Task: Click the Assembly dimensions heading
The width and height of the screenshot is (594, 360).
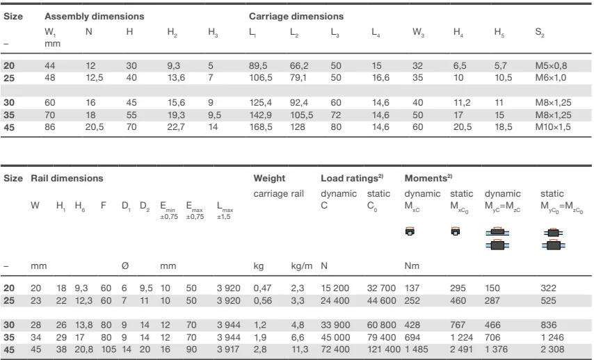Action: pyautogui.click(x=95, y=16)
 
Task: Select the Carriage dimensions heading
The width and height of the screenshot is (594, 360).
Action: pyautogui.click(x=296, y=16)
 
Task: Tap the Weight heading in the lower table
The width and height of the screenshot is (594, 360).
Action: pyautogui.click(x=270, y=179)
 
